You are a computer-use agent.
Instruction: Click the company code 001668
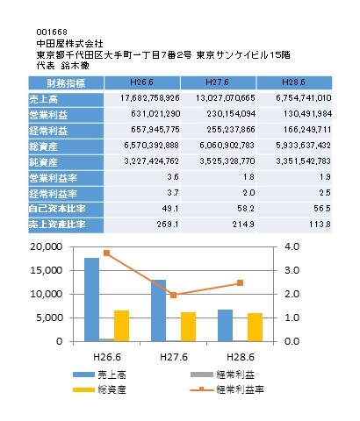(x=52, y=32)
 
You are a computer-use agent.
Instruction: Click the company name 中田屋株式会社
(x=70, y=44)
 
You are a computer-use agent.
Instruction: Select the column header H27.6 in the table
(x=217, y=82)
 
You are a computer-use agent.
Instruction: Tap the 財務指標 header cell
(x=66, y=83)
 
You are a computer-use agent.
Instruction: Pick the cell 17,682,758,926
(x=150, y=98)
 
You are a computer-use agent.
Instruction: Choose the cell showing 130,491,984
(x=307, y=114)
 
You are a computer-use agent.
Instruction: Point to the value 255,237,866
(x=231, y=130)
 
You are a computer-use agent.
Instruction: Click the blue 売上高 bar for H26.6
(x=91, y=300)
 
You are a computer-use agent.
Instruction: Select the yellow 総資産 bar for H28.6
(x=255, y=327)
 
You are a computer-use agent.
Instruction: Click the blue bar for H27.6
(x=158, y=310)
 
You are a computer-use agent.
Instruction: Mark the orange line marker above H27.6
(x=173, y=295)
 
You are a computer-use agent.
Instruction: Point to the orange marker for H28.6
(x=240, y=282)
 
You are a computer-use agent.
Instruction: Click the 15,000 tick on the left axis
(x=47, y=270)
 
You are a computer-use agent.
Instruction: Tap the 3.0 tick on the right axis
(x=292, y=270)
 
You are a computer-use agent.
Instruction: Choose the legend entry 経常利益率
(x=227, y=389)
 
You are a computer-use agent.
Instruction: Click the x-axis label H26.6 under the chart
(x=107, y=357)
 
